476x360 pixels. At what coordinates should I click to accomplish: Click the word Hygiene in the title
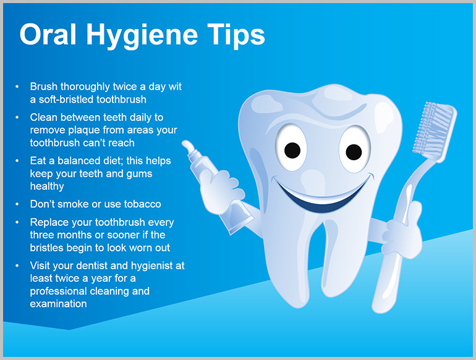click(142, 36)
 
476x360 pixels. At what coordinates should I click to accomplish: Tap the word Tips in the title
click(236, 35)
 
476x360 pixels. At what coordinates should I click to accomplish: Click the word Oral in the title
click(48, 34)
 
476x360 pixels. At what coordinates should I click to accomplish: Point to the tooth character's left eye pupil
click(292, 150)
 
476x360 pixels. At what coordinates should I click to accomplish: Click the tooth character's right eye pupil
click(354, 152)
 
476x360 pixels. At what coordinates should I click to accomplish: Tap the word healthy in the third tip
click(47, 186)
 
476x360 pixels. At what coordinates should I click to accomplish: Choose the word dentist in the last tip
click(91, 265)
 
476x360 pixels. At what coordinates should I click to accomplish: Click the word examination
click(58, 304)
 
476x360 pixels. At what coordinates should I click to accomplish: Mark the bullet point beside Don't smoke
click(17, 204)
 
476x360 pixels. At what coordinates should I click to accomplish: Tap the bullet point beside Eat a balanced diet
click(17, 161)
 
